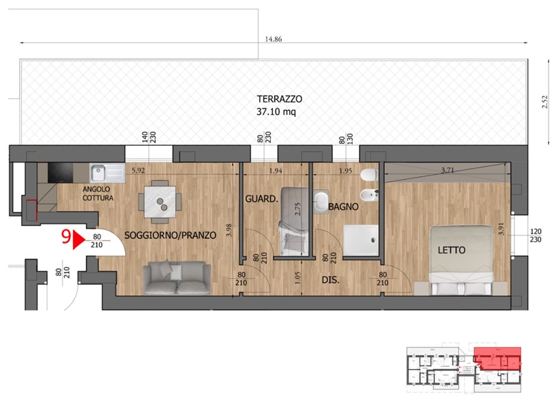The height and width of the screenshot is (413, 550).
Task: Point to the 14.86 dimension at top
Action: coord(273,39)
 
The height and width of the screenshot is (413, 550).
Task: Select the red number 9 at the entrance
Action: coord(66,237)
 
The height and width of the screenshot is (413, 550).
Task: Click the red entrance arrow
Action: coord(78,239)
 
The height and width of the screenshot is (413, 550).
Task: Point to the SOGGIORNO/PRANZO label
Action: coord(170,235)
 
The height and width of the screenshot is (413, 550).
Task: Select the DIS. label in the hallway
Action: coord(331,280)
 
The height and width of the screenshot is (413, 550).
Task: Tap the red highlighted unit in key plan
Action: coord(496,359)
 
